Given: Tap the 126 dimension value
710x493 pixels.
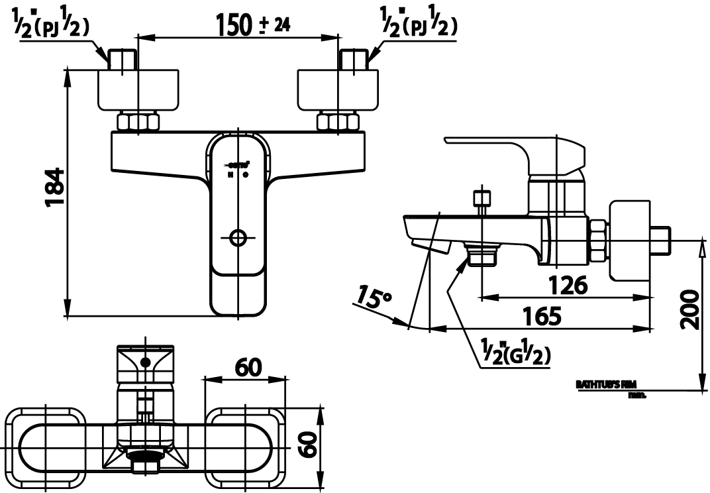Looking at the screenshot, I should [568, 285].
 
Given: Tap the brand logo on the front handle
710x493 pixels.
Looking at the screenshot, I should [239, 164].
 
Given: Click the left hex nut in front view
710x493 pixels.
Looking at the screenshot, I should [138, 122].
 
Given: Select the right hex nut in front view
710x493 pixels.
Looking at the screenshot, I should [338, 122].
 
